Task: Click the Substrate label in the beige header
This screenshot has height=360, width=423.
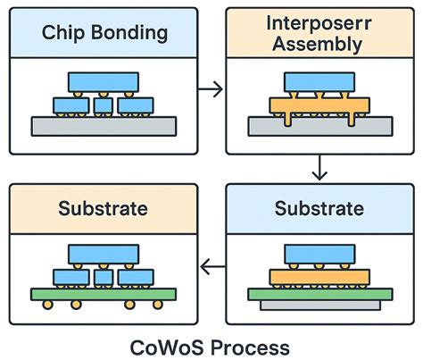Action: click(104, 210)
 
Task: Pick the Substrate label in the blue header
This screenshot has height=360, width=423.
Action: click(319, 210)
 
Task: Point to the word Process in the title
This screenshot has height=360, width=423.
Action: click(245, 344)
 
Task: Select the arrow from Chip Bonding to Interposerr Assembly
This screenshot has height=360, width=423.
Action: click(211, 89)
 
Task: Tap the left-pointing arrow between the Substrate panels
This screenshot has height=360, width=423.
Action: click(211, 265)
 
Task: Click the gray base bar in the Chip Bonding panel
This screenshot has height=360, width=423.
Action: click(104, 126)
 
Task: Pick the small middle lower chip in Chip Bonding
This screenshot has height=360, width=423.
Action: click(104, 105)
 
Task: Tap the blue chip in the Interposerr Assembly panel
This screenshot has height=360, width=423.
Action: click(319, 83)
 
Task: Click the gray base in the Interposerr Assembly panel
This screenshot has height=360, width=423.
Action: click(319, 126)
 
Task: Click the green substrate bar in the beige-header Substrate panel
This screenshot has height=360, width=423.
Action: click(104, 292)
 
